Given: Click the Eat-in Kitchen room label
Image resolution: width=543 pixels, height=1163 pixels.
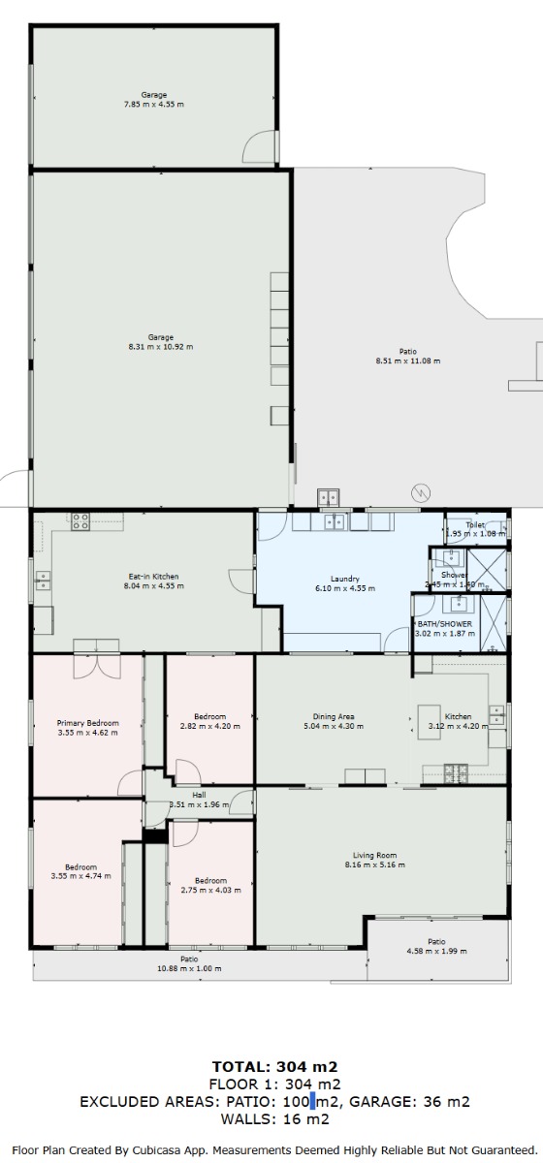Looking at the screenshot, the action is point(153,577).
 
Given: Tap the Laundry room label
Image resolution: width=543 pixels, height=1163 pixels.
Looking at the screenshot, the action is point(345,579).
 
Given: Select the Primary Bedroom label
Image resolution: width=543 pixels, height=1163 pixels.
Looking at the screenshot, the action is point(88,723).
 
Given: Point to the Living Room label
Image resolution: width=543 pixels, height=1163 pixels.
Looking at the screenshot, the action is point(374,855).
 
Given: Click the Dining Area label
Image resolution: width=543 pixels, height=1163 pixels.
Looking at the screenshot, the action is point(334,716).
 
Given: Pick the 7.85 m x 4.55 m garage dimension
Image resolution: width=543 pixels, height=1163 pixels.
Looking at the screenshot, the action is point(154,105).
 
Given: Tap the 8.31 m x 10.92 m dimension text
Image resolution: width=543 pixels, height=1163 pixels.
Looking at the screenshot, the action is point(161,347).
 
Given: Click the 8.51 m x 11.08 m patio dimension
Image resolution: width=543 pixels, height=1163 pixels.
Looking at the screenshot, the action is point(408,361).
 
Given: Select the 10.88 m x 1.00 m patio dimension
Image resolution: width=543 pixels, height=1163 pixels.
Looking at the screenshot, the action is point(189,968).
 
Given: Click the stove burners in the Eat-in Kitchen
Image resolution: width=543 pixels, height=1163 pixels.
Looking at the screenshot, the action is point(80,521).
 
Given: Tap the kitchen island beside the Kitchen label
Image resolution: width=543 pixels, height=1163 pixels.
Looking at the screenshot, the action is point(430,722).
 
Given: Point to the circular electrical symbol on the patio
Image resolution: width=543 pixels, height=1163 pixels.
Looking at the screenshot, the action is point(421,492).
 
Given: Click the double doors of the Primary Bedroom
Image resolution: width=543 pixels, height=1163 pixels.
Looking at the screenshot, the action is point(97,667).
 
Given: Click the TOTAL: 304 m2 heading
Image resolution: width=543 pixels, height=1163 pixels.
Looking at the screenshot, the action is point(274,1067).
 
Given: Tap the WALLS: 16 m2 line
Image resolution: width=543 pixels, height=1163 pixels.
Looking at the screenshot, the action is point(274,1118).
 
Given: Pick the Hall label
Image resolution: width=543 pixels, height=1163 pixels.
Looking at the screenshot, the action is point(199,795).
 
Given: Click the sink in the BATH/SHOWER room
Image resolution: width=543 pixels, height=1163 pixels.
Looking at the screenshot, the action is point(459,604).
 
